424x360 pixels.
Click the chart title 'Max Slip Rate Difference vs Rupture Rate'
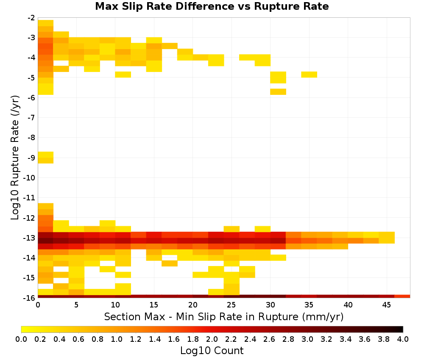point(212,6)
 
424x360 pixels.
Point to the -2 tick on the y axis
point(31,18)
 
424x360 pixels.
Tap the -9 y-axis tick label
point(31,158)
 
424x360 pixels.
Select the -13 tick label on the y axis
point(30,238)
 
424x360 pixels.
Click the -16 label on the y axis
point(30,298)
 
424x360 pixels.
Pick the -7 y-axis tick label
point(31,118)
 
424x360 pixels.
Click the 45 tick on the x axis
point(386,305)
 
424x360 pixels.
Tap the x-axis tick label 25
point(231,305)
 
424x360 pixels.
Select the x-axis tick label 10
point(115,305)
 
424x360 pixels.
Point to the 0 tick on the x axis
point(38,305)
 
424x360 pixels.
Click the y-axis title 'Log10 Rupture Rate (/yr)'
point(15,158)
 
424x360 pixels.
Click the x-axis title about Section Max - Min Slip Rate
point(224,317)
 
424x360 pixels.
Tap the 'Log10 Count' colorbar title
point(212,351)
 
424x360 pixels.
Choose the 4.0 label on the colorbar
point(403,339)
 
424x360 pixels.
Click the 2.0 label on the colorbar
point(212,339)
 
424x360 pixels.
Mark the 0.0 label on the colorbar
point(21,339)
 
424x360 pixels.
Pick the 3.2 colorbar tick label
point(326,339)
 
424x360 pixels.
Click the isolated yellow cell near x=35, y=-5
point(309,75)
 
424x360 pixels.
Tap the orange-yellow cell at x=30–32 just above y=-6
point(278,92)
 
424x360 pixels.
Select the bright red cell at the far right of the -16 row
point(402,296)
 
